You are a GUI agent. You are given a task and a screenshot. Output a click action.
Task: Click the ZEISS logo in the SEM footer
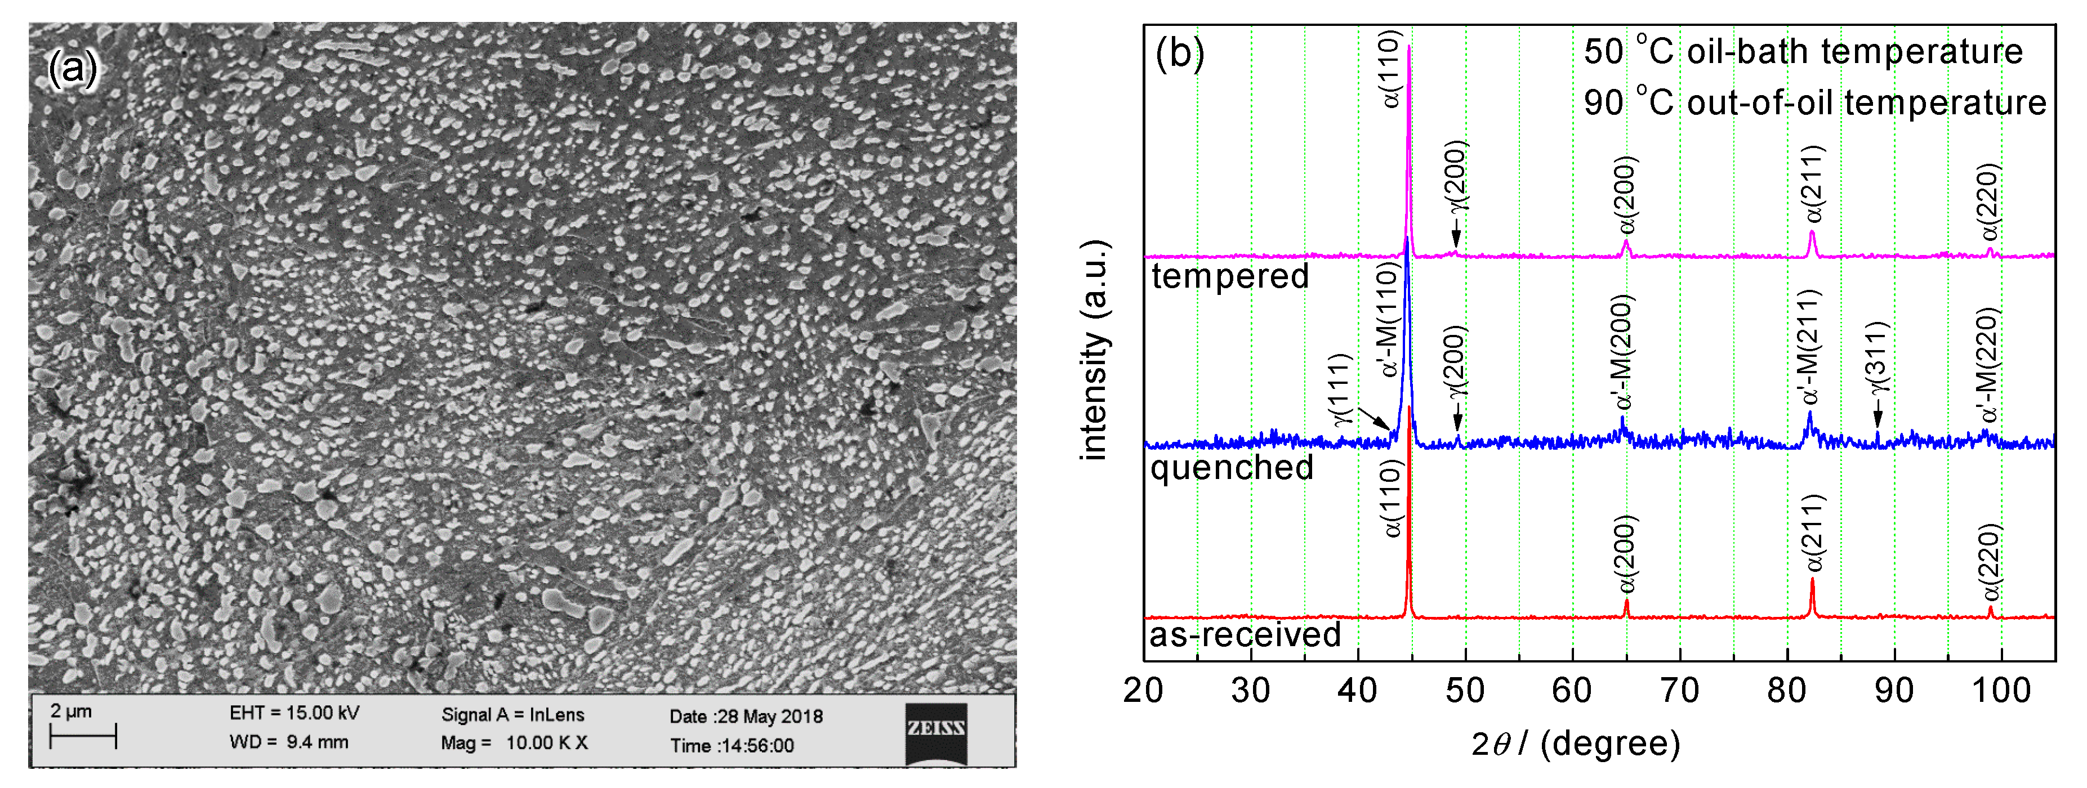coord(936,733)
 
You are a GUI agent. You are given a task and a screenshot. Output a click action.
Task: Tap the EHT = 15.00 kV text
coord(294,713)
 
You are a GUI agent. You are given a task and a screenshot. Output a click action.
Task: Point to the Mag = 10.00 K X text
coord(515,742)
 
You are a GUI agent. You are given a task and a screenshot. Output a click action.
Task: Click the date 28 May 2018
coord(746,716)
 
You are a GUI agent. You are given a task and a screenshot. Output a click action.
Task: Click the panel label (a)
coord(72,68)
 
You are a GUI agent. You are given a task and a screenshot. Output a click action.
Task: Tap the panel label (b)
coord(1180,53)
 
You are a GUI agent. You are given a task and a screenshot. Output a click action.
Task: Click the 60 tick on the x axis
coord(1572,691)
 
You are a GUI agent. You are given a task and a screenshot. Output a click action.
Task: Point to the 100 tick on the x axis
coord(2001,691)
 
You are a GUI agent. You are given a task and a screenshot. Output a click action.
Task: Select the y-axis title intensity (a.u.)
coord(1095,350)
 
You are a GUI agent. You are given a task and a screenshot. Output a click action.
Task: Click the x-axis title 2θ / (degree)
coord(1575,742)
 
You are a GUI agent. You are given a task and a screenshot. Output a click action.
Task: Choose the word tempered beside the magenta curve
coord(1230,276)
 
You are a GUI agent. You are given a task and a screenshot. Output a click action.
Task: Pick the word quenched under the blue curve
coord(1232,467)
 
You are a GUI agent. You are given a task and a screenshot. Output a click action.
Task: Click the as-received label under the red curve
coord(1245,634)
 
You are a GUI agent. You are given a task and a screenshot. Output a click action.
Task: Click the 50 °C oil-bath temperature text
coord(1803,52)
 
